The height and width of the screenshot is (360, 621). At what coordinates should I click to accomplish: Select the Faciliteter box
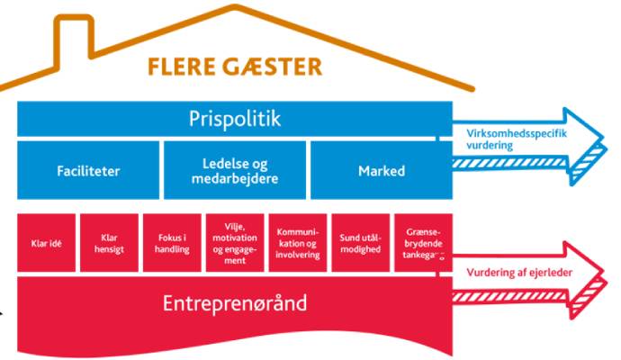[87, 169]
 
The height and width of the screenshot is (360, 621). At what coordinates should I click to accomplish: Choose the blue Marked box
[381, 169]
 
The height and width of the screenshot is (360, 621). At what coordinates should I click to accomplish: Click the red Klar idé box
[46, 242]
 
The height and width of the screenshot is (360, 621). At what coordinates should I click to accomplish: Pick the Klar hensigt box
[108, 242]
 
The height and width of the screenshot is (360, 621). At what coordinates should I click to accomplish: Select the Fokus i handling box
[171, 242]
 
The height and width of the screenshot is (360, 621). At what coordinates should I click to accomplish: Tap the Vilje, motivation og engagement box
[234, 242]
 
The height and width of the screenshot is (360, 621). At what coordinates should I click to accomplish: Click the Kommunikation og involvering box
[296, 242]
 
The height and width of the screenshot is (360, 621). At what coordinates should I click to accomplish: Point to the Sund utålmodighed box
[359, 242]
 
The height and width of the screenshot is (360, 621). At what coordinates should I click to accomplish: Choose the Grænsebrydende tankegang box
[421, 242]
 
